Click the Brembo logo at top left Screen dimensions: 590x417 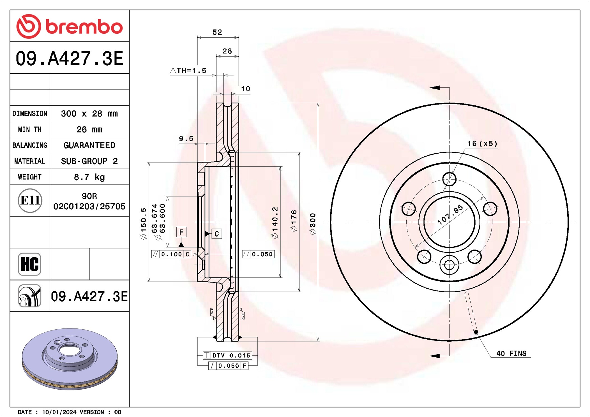[70, 26]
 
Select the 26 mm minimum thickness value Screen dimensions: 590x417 [89, 129]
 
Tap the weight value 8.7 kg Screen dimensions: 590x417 [89, 177]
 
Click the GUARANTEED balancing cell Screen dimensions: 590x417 [89, 145]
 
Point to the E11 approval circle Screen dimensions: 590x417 [30, 200]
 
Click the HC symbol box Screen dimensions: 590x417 [29, 264]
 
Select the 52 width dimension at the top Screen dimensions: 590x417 [217, 32]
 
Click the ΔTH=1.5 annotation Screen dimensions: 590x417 [188, 71]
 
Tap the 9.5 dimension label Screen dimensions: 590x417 [186, 138]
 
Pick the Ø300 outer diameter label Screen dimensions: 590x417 [313, 224]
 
